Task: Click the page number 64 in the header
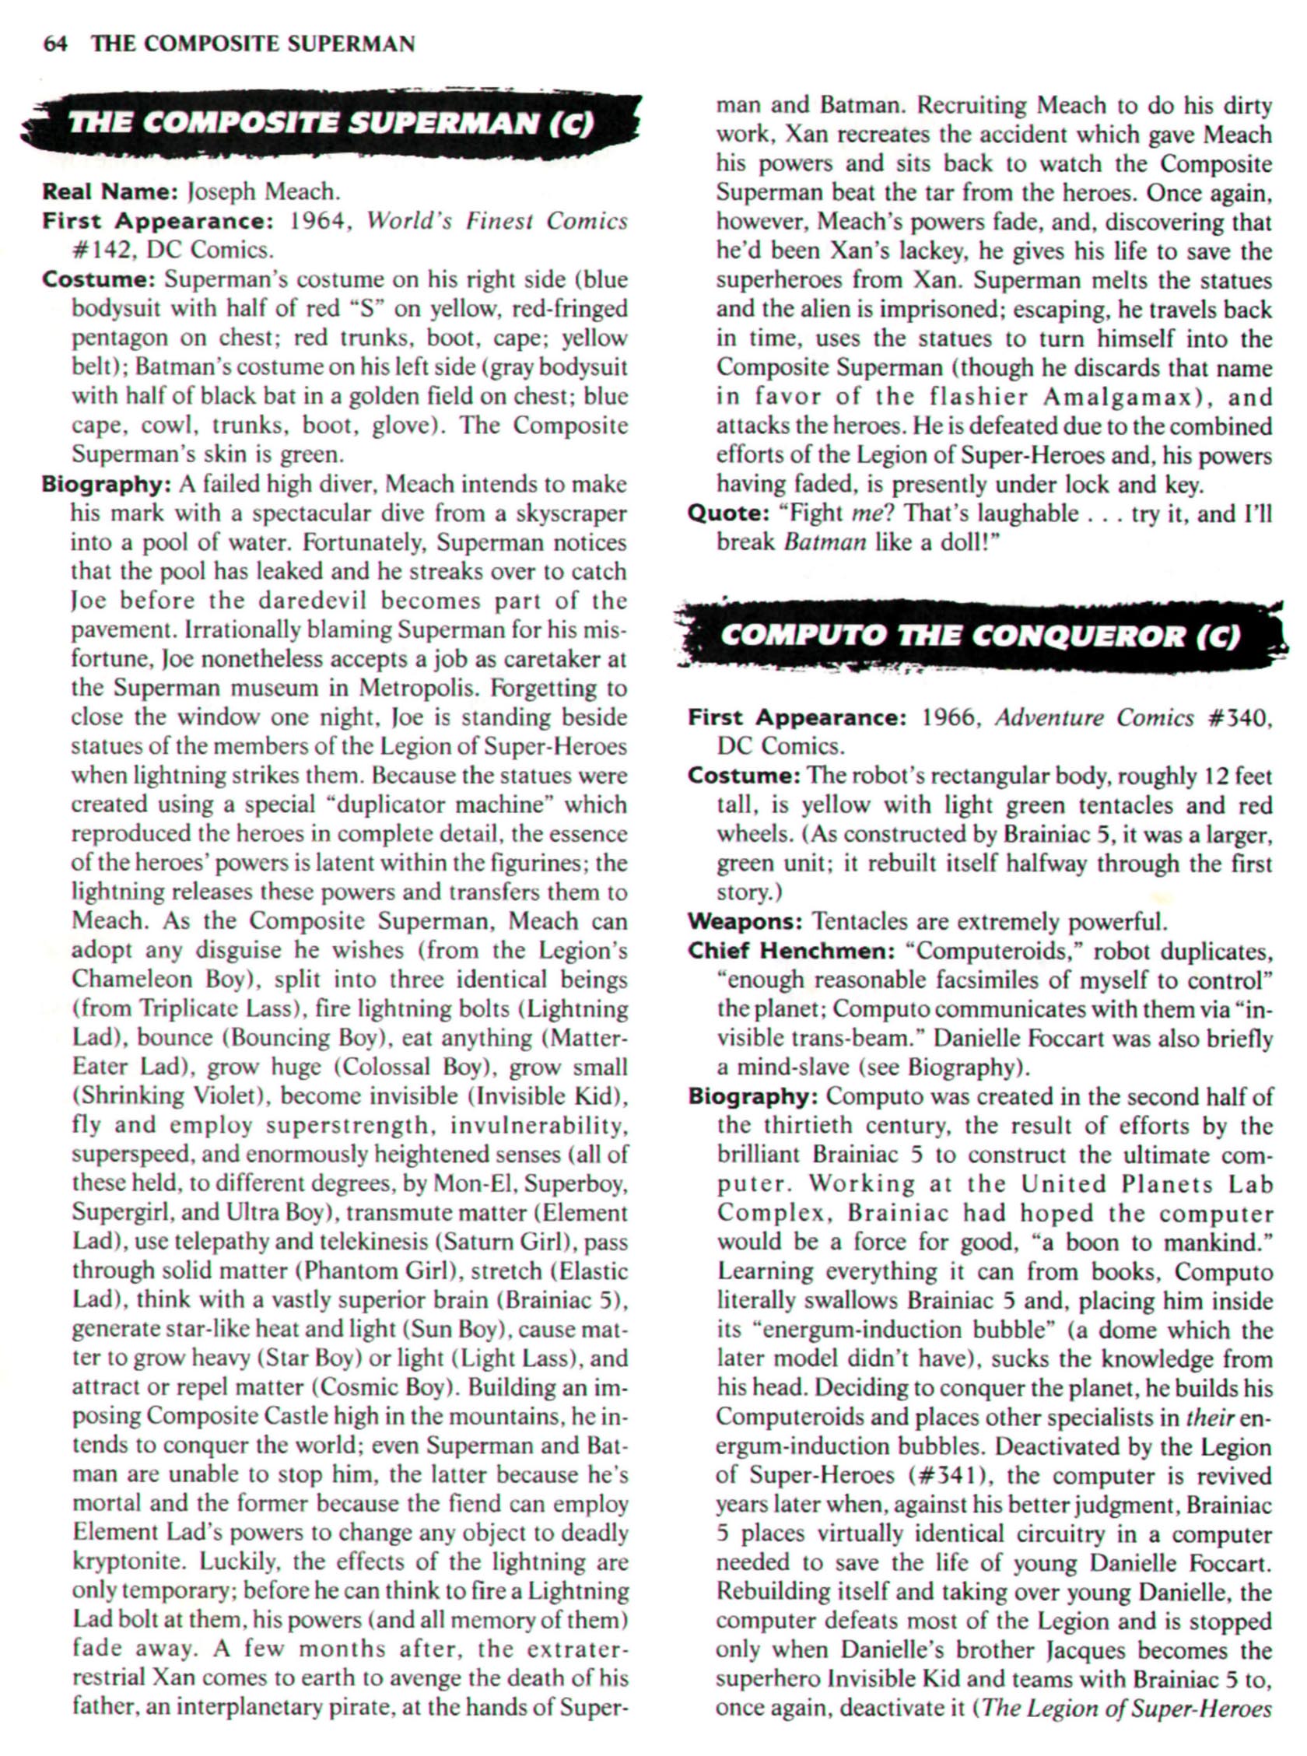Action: pyautogui.click(x=54, y=44)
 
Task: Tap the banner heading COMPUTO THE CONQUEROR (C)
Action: pyautogui.click(x=979, y=636)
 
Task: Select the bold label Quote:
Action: pyautogui.click(x=729, y=513)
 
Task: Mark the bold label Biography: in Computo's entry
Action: pyautogui.click(x=752, y=1096)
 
